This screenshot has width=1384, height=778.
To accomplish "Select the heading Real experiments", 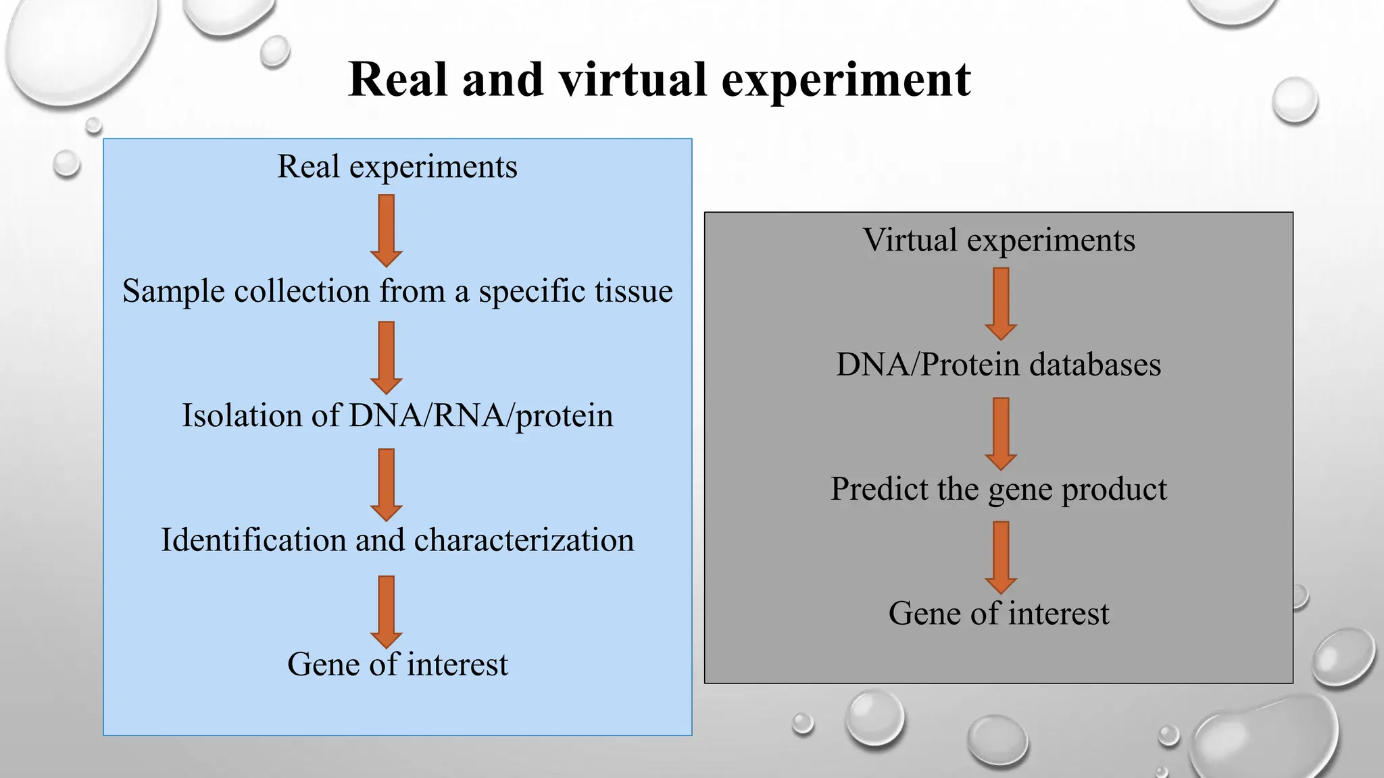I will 397,167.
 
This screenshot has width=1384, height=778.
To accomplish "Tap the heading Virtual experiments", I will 999,240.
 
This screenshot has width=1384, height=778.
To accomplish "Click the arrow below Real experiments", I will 387,230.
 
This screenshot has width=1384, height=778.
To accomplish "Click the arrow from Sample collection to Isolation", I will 387,357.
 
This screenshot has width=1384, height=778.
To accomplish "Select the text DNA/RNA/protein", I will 481,416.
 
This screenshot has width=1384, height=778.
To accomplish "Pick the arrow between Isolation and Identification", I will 387,484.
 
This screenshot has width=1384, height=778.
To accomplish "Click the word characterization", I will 524,540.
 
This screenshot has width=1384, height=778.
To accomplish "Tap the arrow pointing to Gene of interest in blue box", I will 387,611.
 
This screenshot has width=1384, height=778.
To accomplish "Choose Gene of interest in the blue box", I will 397,665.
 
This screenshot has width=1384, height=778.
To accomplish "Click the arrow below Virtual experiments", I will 1001,303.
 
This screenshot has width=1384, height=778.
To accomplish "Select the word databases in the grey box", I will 1095,365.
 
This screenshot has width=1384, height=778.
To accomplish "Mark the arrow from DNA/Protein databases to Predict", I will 1001,433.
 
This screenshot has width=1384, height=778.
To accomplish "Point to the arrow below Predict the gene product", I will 1001,556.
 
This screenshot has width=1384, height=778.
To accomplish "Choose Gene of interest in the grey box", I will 999,614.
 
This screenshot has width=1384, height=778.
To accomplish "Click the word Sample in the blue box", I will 174,292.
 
